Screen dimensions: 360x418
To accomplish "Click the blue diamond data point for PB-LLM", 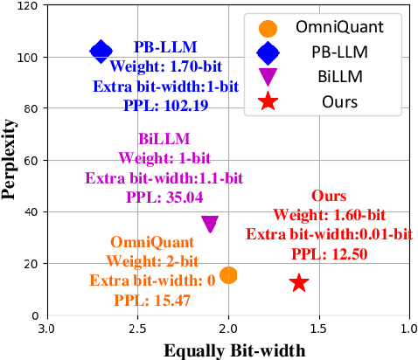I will (x=101, y=52).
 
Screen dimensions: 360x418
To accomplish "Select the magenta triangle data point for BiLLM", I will (x=210, y=225).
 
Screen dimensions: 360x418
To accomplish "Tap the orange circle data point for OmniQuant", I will (x=228, y=275).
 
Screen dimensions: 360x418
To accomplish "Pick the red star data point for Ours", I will (x=299, y=282).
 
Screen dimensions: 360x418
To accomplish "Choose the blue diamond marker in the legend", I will (x=268, y=52).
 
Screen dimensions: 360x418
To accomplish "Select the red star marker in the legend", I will (x=268, y=101).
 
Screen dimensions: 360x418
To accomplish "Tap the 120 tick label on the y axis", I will (x=28, y=6).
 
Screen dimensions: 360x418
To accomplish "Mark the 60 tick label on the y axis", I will (x=31, y=160).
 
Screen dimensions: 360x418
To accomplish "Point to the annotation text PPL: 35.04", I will (x=164, y=197).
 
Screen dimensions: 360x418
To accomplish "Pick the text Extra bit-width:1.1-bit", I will (x=164, y=177).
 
